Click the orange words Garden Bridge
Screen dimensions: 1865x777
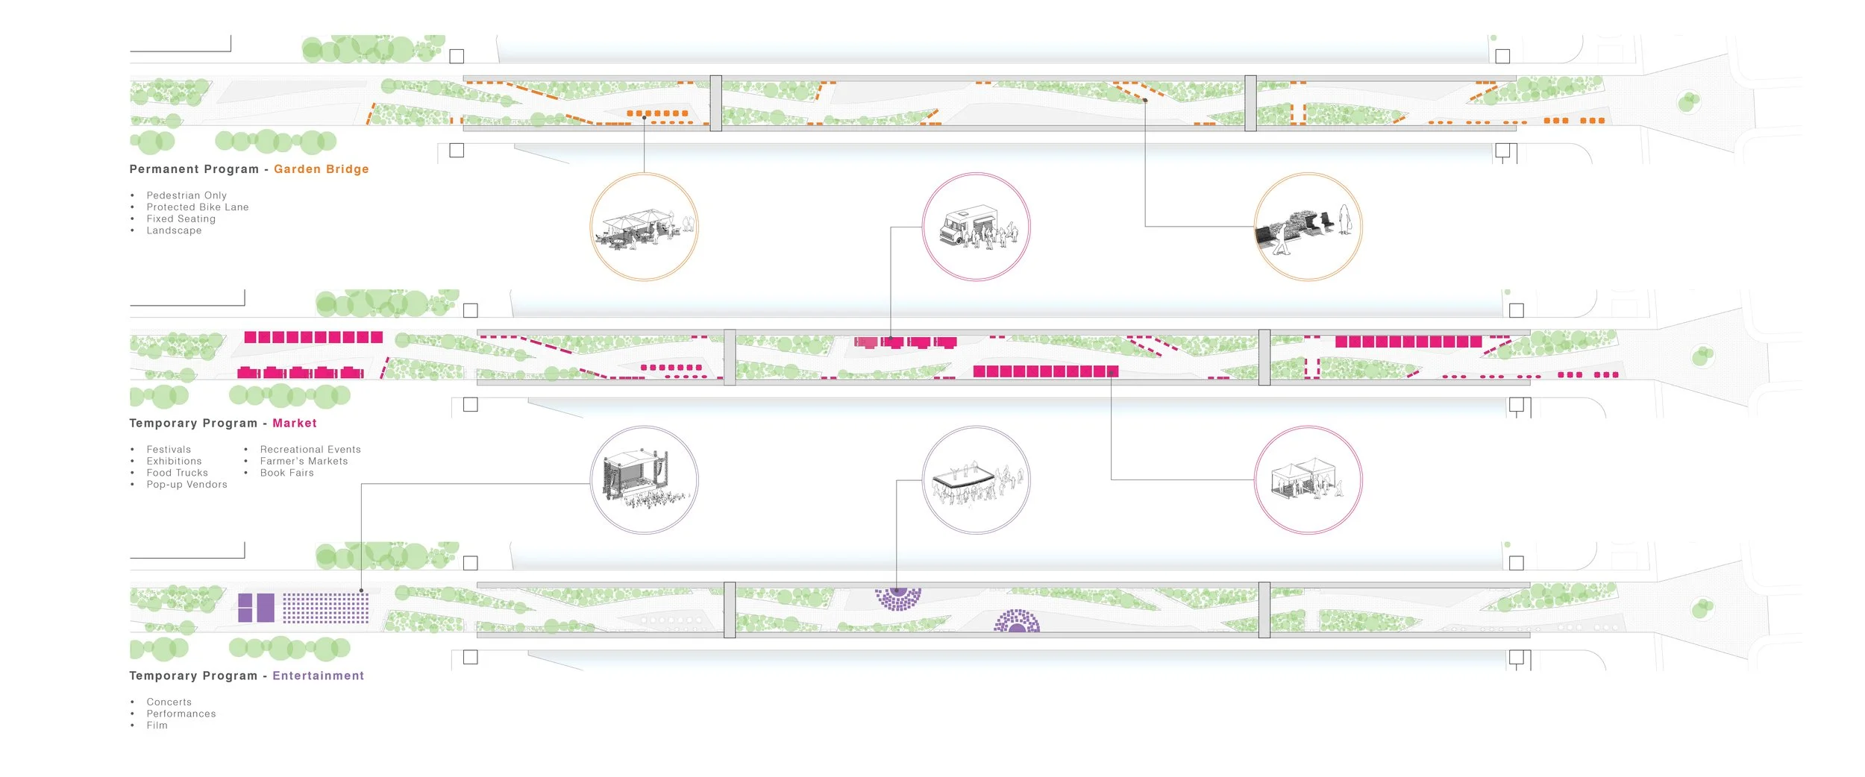pyautogui.click(x=321, y=169)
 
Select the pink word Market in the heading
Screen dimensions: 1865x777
pyautogui.click(x=295, y=424)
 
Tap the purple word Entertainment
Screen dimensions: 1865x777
pyautogui.click(x=318, y=676)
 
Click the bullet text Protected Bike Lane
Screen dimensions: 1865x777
pyautogui.click(x=198, y=207)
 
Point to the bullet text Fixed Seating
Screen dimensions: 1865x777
pyautogui.click(x=181, y=219)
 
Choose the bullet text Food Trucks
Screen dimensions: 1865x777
pyautogui.click(x=178, y=473)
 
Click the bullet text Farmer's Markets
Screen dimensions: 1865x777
pyautogui.click(x=304, y=462)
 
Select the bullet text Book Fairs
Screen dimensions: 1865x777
pyautogui.click(x=287, y=473)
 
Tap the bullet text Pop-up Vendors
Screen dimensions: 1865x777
pyautogui.click(x=187, y=485)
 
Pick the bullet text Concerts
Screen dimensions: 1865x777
pyautogui.click(x=169, y=702)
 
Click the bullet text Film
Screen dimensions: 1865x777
pyautogui.click(x=157, y=726)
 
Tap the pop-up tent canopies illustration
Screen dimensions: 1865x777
pyautogui.click(x=1307, y=479)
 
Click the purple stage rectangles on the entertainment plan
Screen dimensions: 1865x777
pyautogui.click(x=256, y=608)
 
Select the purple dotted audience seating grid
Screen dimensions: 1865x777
pyautogui.click(x=326, y=608)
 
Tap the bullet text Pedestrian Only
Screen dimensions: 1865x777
pyautogui.click(x=186, y=196)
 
